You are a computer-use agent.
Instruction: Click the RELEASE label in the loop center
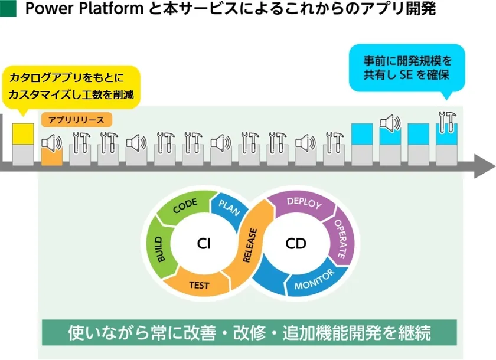tap(250, 246)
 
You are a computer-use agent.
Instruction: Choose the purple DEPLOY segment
tap(303, 203)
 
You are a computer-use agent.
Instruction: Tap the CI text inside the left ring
tap(204, 244)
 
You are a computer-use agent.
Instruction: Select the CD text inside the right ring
tap(296, 244)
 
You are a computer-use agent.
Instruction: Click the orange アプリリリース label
tap(77, 120)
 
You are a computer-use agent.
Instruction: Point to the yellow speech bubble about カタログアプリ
tap(71, 87)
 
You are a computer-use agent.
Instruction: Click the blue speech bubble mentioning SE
tap(407, 68)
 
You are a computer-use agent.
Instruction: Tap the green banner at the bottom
tap(249, 332)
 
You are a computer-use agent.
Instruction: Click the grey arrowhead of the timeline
tap(485, 166)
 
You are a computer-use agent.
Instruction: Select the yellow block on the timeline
tap(23, 134)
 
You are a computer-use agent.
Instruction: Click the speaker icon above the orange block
tap(52, 143)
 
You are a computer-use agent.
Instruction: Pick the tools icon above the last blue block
tap(448, 122)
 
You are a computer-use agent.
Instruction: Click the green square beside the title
tap(8, 8)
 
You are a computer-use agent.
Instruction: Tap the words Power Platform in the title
tap(84, 8)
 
